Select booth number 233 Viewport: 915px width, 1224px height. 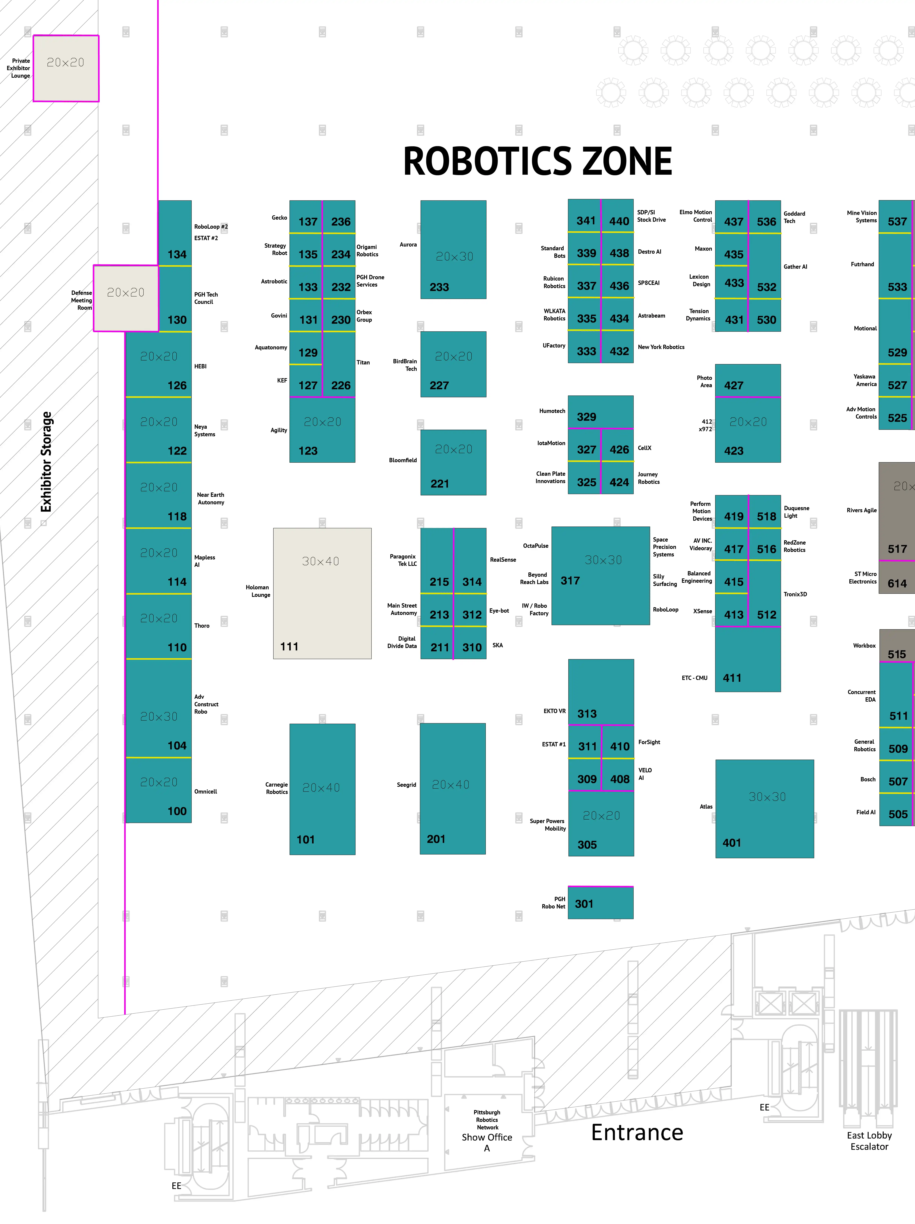pyautogui.click(x=439, y=287)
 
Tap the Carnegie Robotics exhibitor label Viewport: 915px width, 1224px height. pyautogui.click(x=277, y=788)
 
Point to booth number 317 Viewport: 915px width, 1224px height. pyautogui.click(x=570, y=581)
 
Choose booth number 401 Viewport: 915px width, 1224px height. pyautogui.click(x=731, y=843)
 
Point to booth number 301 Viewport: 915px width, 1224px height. pyautogui.click(x=584, y=904)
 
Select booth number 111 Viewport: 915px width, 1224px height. pyautogui.click(x=289, y=646)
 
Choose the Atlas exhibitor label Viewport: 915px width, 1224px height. pyautogui.click(x=706, y=806)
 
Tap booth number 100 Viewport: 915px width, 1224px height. pyautogui.click(x=177, y=811)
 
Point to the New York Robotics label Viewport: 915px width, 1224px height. pyautogui.click(x=661, y=347)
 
